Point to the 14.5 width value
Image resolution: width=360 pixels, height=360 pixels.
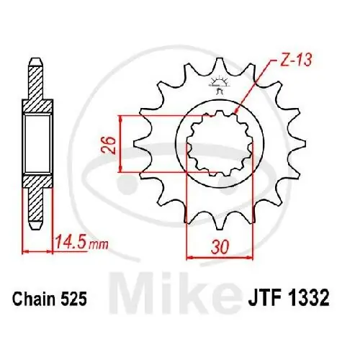tap(70, 243)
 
